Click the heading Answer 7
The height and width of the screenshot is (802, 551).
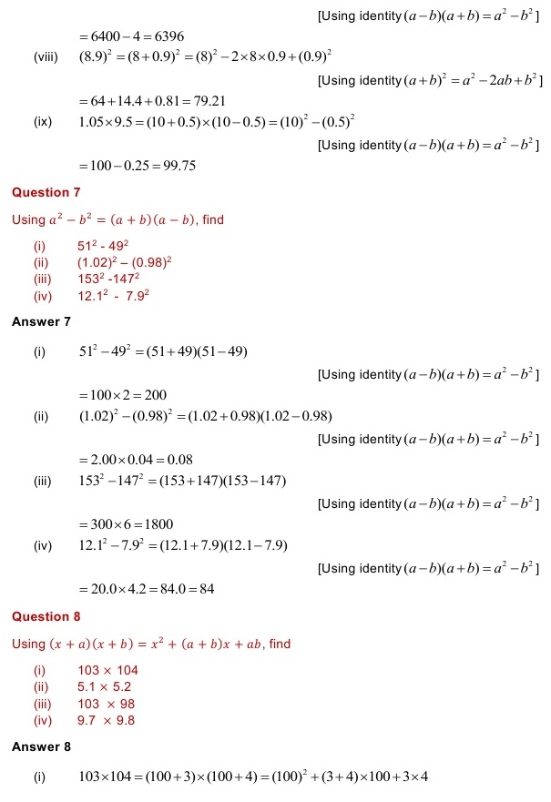[41, 322]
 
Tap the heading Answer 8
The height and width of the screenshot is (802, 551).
[41, 746]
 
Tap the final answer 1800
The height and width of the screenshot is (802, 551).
[158, 524]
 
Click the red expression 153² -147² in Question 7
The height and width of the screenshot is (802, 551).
[108, 279]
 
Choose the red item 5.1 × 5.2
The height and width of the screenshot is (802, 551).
[104, 687]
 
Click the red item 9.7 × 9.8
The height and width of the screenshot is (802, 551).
[105, 720]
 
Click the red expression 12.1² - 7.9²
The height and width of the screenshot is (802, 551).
[113, 295]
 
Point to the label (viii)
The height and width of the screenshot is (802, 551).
[46, 58]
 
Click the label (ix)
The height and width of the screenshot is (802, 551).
[42, 122]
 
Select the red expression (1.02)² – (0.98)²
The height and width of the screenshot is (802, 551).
[125, 262]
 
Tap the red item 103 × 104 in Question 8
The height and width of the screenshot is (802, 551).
[107, 671]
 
